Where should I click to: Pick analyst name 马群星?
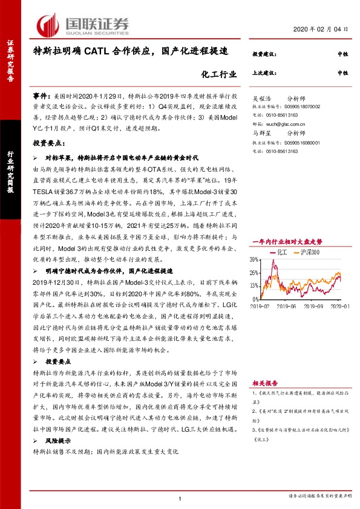tap(262, 132)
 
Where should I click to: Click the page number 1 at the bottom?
tap(180, 498)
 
